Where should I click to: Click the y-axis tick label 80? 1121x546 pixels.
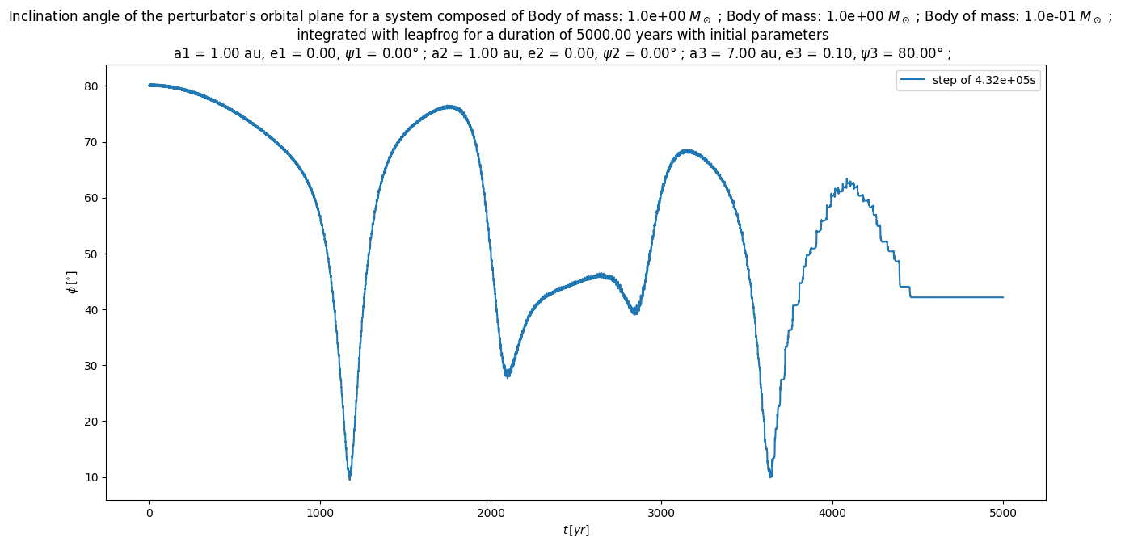[91, 86]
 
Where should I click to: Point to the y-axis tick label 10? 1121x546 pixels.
[91, 477]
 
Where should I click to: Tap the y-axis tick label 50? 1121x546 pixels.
[91, 254]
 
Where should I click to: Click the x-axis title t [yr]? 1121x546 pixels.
[576, 530]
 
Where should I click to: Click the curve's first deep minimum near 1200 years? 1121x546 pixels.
[349, 478]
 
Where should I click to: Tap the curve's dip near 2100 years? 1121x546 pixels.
[508, 376]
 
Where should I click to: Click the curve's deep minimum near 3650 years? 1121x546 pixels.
[770, 476]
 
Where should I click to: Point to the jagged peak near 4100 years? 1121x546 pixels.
[847, 180]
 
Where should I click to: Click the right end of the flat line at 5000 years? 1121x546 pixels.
[1003, 297]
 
